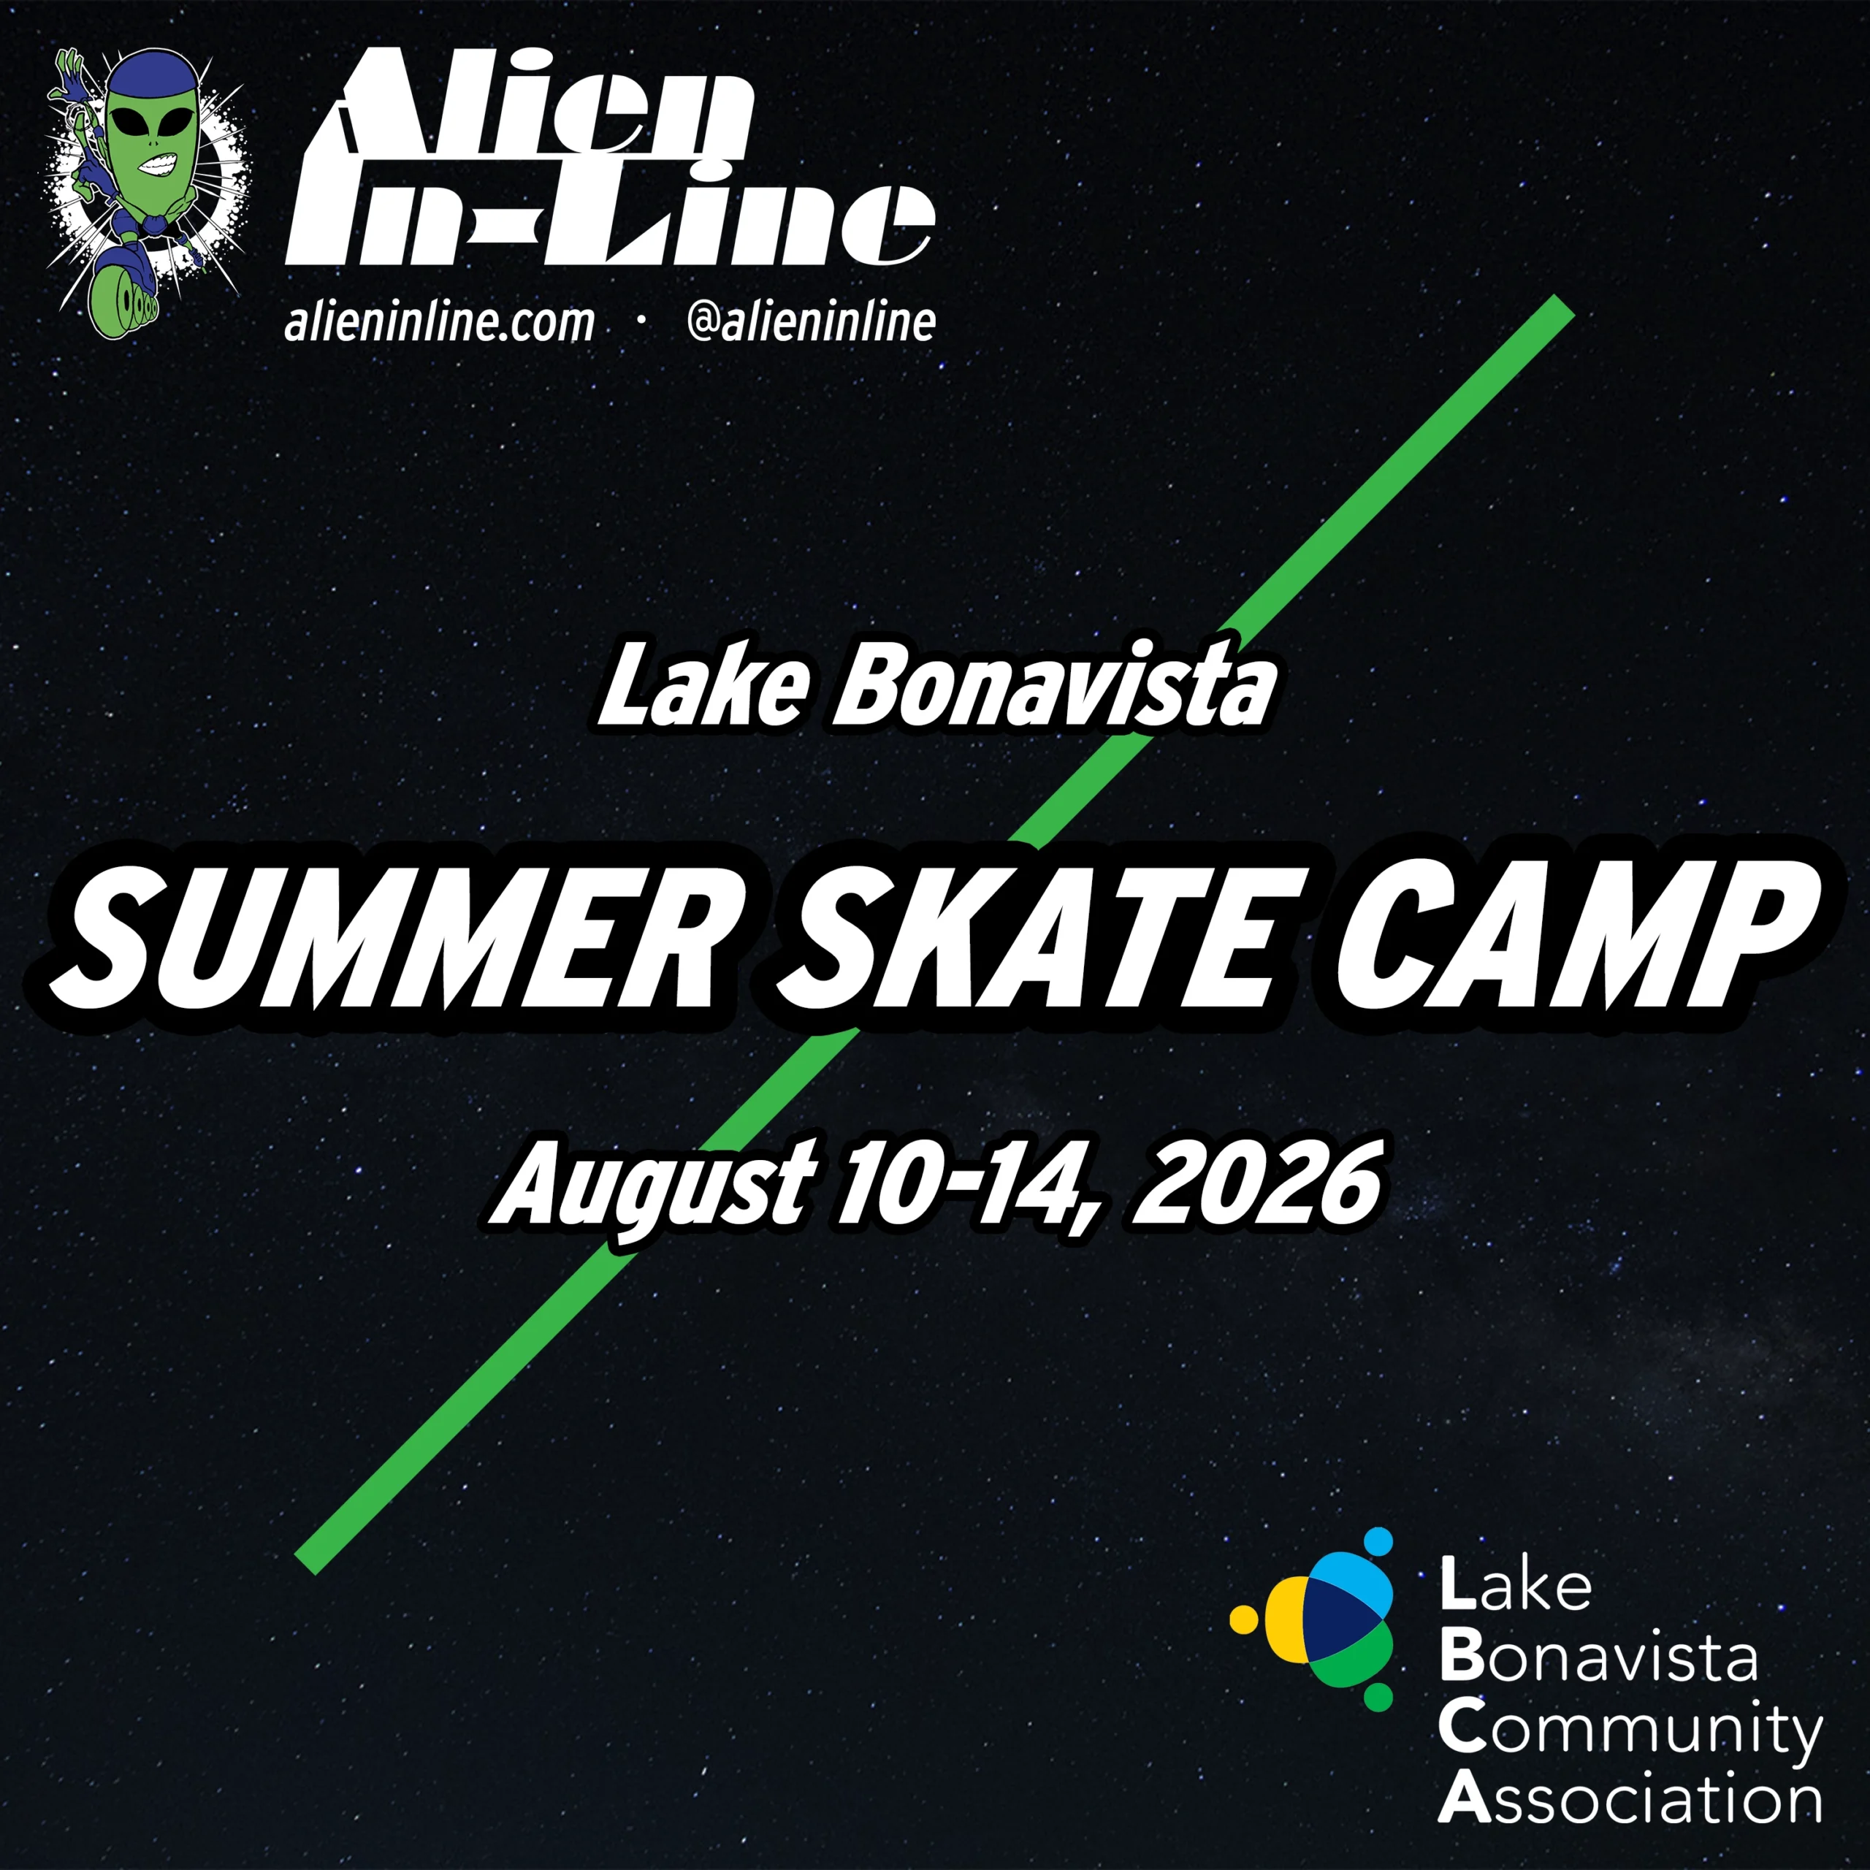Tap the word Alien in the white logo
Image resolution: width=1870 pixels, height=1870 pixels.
pos(542,107)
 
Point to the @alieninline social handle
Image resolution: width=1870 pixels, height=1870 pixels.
pos(811,322)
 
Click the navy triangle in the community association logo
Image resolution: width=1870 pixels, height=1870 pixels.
pos(1337,1626)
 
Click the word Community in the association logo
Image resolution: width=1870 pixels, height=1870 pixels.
pos(1630,1730)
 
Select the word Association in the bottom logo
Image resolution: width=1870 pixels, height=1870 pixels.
pos(1630,1799)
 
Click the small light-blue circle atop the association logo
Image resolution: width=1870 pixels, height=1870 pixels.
pos(1378,1541)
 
